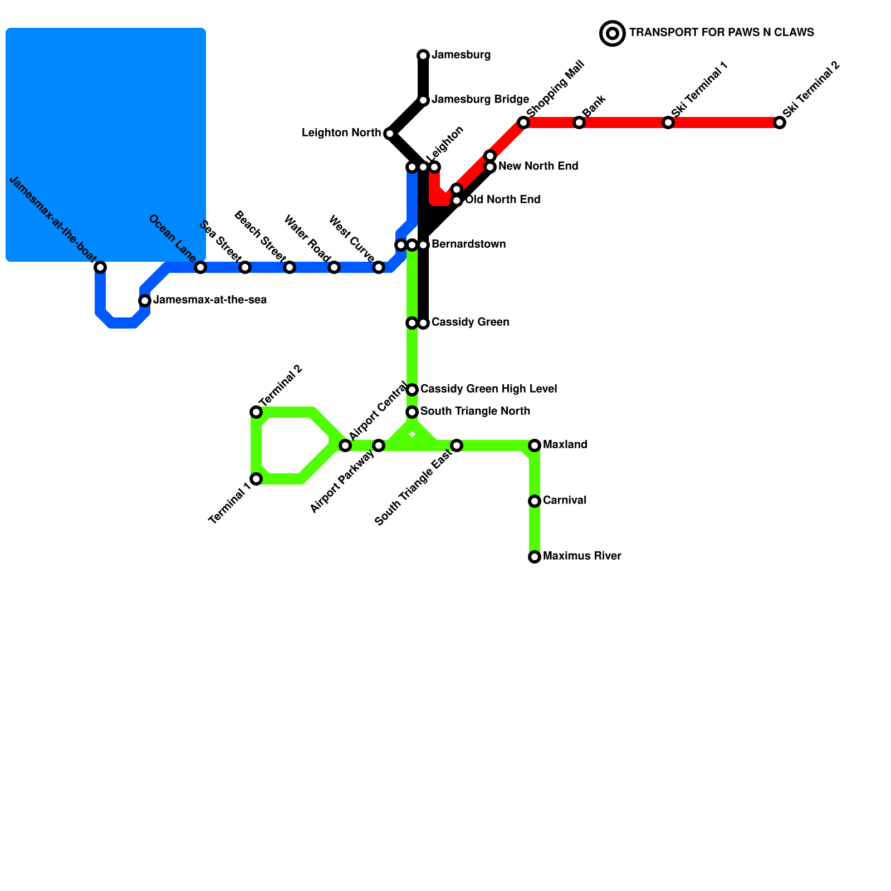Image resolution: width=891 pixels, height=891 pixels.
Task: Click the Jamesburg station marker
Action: (x=423, y=55)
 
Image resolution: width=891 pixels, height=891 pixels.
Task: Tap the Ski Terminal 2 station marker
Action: (x=780, y=123)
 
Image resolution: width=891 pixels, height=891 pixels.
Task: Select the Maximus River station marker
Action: (x=535, y=557)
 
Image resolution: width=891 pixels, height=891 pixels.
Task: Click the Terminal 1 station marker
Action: (x=256, y=479)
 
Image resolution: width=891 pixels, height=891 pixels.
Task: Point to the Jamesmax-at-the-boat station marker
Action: (x=100, y=267)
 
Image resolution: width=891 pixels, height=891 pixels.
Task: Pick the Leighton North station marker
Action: (x=390, y=134)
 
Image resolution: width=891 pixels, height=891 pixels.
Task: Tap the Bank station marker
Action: (x=579, y=123)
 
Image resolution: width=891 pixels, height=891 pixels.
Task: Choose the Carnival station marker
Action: (x=535, y=501)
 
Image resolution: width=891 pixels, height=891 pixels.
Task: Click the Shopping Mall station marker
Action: (x=523, y=123)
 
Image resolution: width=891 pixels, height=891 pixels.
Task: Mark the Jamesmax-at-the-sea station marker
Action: (x=145, y=301)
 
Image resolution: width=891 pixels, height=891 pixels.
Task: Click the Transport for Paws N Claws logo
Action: (x=613, y=33)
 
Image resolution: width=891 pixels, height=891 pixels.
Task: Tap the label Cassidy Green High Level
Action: (x=488, y=389)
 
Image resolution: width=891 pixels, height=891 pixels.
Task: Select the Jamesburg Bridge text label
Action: (x=480, y=100)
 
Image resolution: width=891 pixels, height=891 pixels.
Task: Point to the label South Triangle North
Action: (x=475, y=412)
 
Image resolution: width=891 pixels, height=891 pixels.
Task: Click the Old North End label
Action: (x=502, y=200)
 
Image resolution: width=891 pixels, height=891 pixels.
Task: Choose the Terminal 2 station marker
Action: (x=256, y=412)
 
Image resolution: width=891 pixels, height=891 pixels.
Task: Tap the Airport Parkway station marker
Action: (x=379, y=445)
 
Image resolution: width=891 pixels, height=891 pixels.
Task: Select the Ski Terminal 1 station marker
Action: (x=668, y=123)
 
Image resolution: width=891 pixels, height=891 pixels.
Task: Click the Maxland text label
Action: (x=565, y=445)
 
